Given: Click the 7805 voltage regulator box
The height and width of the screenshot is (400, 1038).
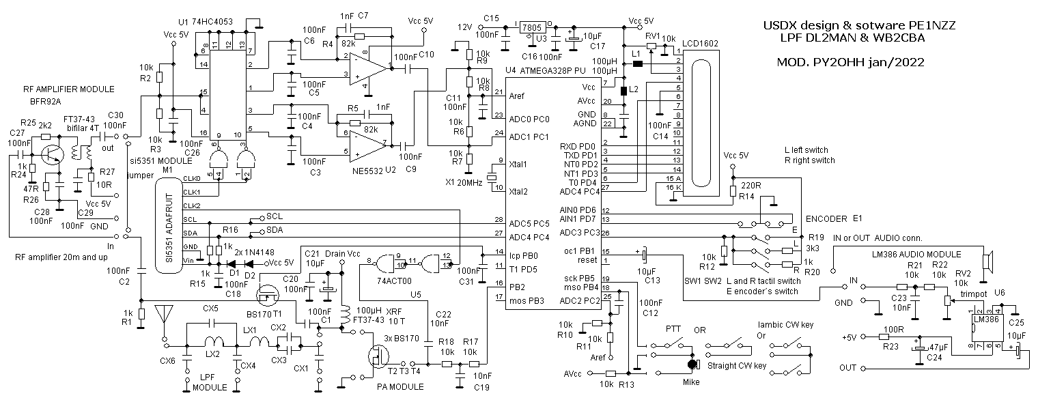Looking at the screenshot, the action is (x=531, y=28).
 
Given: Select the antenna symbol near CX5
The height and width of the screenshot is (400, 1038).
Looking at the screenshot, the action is (x=163, y=314).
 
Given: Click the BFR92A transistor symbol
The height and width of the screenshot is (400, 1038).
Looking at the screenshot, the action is (x=51, y=154).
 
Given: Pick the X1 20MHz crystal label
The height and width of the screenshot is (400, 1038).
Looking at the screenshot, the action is (x=464, y=182).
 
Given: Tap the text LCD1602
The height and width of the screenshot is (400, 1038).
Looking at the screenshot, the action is (x=700, y=44).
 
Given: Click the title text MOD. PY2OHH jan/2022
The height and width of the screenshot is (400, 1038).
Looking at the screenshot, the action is (x=850, y=62).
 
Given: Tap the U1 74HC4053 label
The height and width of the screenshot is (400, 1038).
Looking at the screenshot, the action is (x=206, y=22).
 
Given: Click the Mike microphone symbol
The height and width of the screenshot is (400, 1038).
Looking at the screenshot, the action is (x=692, y=365).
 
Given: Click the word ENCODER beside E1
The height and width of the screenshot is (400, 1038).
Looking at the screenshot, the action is (x=826, y=218).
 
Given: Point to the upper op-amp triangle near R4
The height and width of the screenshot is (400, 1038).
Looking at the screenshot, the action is (x=368, y=68).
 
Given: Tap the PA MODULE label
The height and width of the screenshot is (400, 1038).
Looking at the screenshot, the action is (x=400, y=386).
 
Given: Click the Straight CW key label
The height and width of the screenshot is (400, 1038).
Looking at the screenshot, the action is (x=737, y=366).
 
